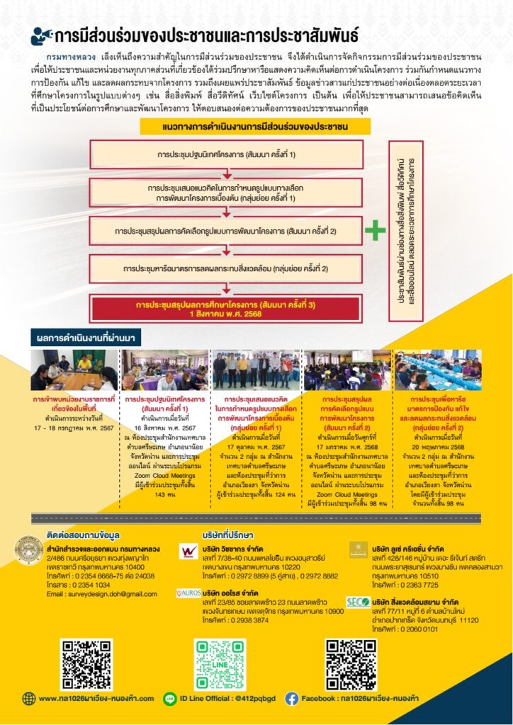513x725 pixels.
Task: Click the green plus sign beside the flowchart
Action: (x=375, y=232)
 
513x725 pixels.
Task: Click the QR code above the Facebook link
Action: (x=350, y=664)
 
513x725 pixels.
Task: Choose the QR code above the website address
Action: (x=86, y=664)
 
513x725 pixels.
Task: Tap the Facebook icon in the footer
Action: (x=292, y=699)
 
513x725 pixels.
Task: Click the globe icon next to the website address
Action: (x=29, y=699)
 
